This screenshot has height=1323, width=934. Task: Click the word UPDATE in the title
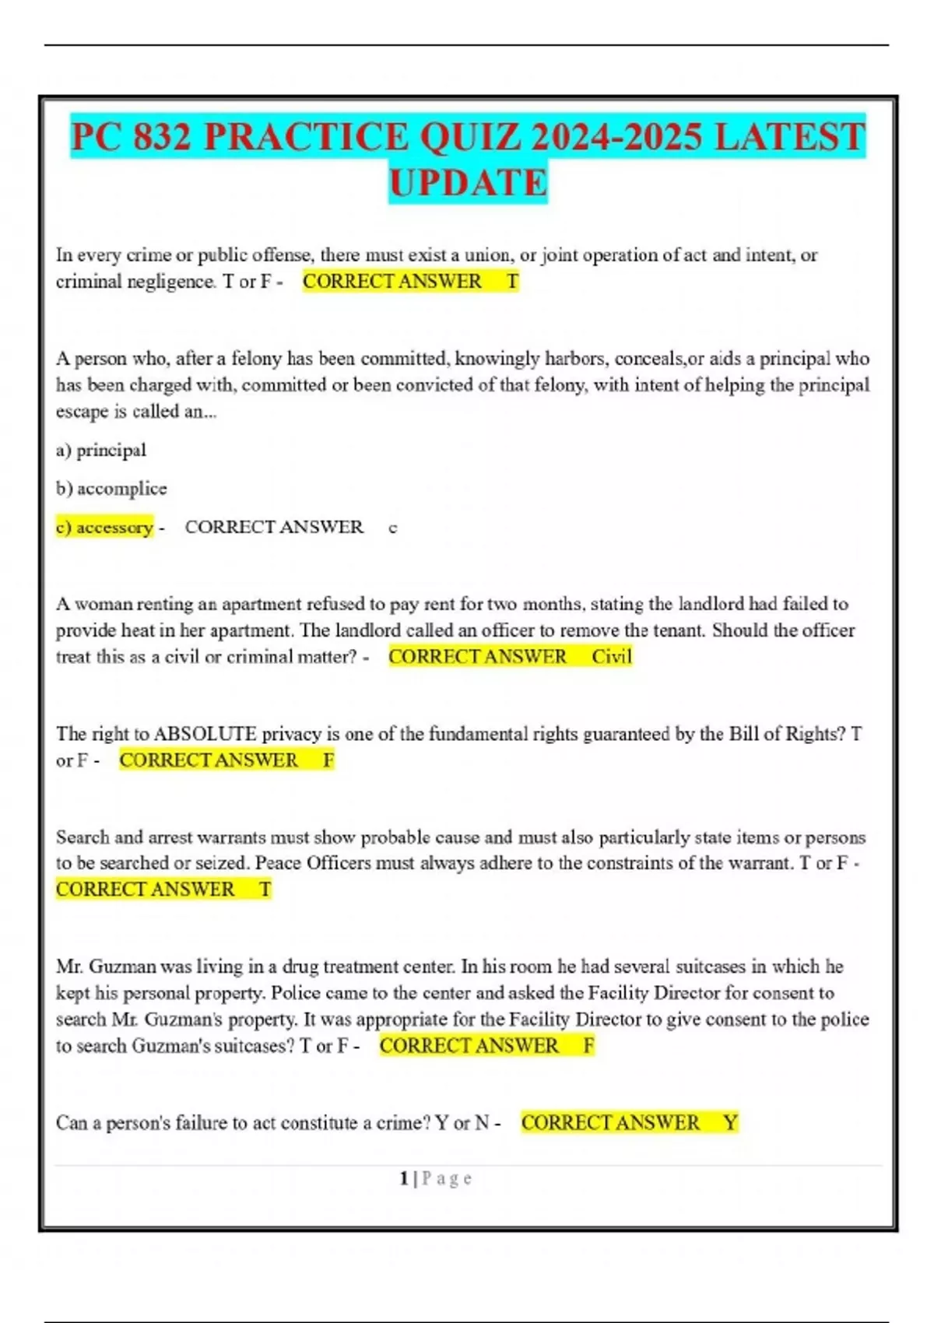tap(468, 184)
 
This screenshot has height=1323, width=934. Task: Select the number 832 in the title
tap(162, 137)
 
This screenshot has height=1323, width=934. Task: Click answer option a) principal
tap(101, 450)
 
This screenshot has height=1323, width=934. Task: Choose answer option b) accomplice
tap(111, 489)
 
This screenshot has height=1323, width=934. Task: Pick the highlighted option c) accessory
tap(104, 527)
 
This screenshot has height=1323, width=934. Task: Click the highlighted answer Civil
tap(612, 656)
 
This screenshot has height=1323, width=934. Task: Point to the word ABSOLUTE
tap(205, 734)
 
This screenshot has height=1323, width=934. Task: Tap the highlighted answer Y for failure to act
tap(730, 1122)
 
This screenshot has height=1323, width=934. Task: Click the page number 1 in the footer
tap(404, 1178)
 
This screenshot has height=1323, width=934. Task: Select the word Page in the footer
tap(447, 1178)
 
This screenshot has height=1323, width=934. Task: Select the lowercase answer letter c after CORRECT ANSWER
tap(393, 528)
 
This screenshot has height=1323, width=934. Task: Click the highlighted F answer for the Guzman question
tap(589, 1045)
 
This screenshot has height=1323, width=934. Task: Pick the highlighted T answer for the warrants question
tap(265, 889)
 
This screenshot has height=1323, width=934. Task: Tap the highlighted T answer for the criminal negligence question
tap(512, 281)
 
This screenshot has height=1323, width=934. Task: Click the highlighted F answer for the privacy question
tap(328, 760)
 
